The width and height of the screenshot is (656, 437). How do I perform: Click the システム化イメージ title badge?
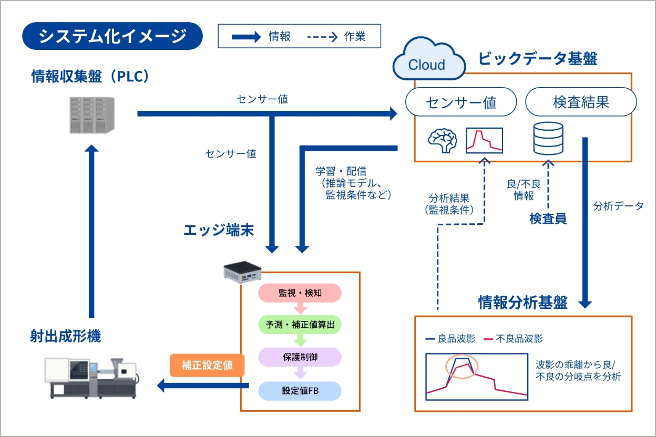click(x=112, y=36)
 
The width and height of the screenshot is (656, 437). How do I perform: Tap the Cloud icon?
click(x=428, y=61)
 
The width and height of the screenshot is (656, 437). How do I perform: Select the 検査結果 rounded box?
click(x=581, y=102)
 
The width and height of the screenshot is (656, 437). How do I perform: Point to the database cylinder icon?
click(x=548, y=139)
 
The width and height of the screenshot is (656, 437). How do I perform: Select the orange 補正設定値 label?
click(x=207, y=366)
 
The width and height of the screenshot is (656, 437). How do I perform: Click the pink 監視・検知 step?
click(x=300, y=293)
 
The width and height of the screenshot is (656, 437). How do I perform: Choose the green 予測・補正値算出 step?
click(x=300, y=325)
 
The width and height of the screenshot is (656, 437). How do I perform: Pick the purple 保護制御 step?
click(x=300, y=357)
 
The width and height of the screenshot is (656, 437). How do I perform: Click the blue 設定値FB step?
click(x=300, y=390)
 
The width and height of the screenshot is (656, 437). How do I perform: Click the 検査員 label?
click(x=548, y=218)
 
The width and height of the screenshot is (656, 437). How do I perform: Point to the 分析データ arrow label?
click(x=618, y=206)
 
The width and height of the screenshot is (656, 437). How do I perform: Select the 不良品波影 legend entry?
click(x=513, y=339)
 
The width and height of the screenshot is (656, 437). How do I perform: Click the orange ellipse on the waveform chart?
click(x=462, y=365)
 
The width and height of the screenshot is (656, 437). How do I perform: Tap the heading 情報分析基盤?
click(x=522, y=303)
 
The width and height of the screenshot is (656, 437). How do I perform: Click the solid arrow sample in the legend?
click(x=247, y=37)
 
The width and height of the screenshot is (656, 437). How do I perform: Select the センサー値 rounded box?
click(x=461, y=102)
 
